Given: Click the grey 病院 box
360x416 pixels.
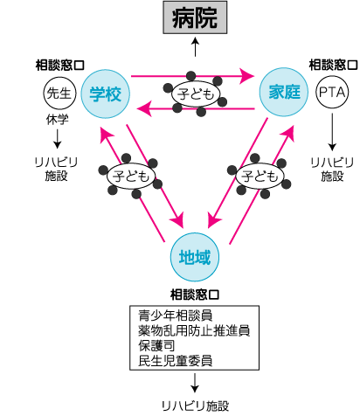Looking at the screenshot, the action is coord(195,17).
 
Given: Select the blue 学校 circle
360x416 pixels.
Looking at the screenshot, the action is coord(105,94).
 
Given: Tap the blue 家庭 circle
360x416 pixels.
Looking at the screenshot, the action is coord(284,92).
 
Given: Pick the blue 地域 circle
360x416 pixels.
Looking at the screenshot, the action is coord(195,257).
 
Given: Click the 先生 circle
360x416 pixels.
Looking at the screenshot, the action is coord(59,94).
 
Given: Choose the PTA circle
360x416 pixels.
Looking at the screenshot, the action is coord(332,92).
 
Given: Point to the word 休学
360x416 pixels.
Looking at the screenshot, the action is coord(58,120).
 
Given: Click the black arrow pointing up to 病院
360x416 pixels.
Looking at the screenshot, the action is coord(195,46).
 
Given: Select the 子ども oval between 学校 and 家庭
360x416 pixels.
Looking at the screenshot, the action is coord(195,94).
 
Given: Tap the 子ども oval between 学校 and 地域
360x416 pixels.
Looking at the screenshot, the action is coord(131,176).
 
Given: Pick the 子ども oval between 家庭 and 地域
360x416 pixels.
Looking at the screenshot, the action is coord(260,176).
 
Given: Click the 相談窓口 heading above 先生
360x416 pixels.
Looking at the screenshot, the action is coord(60,66).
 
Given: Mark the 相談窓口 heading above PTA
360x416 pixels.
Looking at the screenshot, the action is coord(333,65).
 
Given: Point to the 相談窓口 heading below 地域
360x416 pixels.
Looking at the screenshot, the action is coord(195,295).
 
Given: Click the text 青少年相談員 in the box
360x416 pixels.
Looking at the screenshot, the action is coord(176,315).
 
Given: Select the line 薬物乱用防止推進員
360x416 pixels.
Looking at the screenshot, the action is coord(194,330).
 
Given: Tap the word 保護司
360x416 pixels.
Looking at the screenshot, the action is coord(156,346).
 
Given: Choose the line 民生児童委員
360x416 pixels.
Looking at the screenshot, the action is coord(176,361).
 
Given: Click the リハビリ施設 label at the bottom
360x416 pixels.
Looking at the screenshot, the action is coord(195,406).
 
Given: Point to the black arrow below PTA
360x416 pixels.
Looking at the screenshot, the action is coord(332,132).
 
